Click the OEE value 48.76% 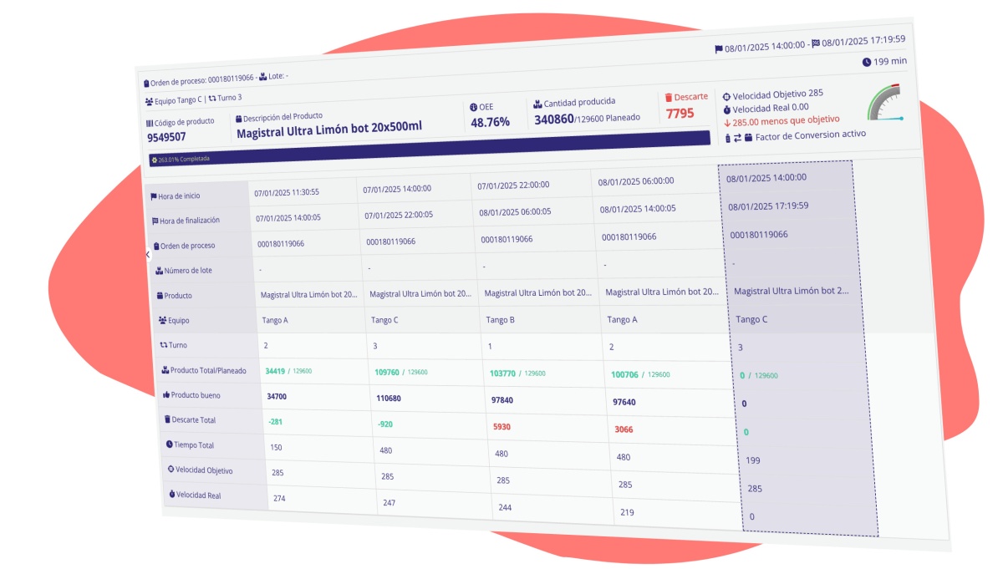[x=490, y=122]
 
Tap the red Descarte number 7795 [x=680, y=113]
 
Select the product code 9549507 [x=166, y=137]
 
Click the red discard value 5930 [x=502, y=426]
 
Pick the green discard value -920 [x=385, y=424]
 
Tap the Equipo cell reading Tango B [x=500, y=320]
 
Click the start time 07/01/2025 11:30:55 [x=287, y=191]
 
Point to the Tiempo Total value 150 [x=277, y=447]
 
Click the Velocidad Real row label [x=198, y=495]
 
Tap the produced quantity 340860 [x=554, y=119]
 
